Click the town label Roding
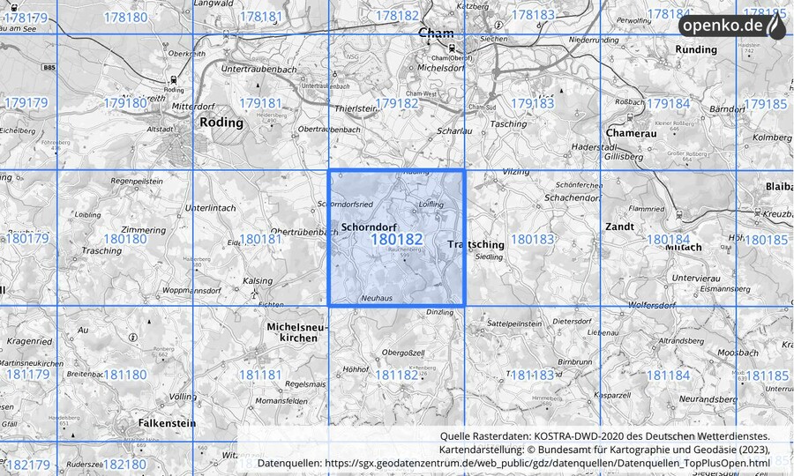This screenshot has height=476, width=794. tap(221, 123)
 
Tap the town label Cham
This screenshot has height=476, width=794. tap(436, 34)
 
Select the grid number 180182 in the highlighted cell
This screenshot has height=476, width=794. tap(396, 239)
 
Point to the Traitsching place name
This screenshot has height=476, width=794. tap(476, 244)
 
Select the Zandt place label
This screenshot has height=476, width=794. tap(619, 227)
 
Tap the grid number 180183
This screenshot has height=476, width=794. tap(533, 239)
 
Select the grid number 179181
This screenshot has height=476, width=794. tap(260, 103)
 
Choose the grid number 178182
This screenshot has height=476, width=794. tap(396, 16)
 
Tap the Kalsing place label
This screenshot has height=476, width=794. tap(258, 281)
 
